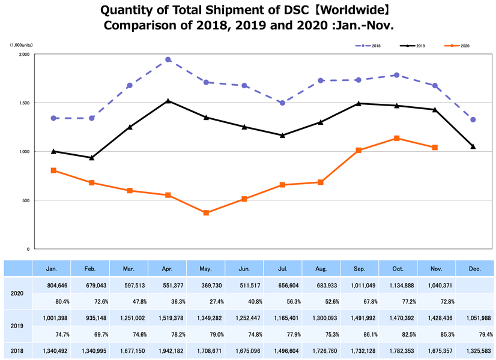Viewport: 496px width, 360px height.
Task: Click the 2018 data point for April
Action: pos(168,60)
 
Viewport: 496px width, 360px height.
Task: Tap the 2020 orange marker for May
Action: pos(206,213)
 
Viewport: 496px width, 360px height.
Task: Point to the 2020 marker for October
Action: pos(397,139)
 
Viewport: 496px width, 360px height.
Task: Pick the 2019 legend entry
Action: pos(412,46)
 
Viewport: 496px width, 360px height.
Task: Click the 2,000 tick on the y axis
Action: pos(24,55)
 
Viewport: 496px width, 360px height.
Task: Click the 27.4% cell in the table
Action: pos(206,302)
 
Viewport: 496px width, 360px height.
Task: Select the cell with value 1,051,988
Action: pos(474,318)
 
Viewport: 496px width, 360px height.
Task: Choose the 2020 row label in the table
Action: pos(16,294)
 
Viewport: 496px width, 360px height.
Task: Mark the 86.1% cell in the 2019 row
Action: pos(359,334)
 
